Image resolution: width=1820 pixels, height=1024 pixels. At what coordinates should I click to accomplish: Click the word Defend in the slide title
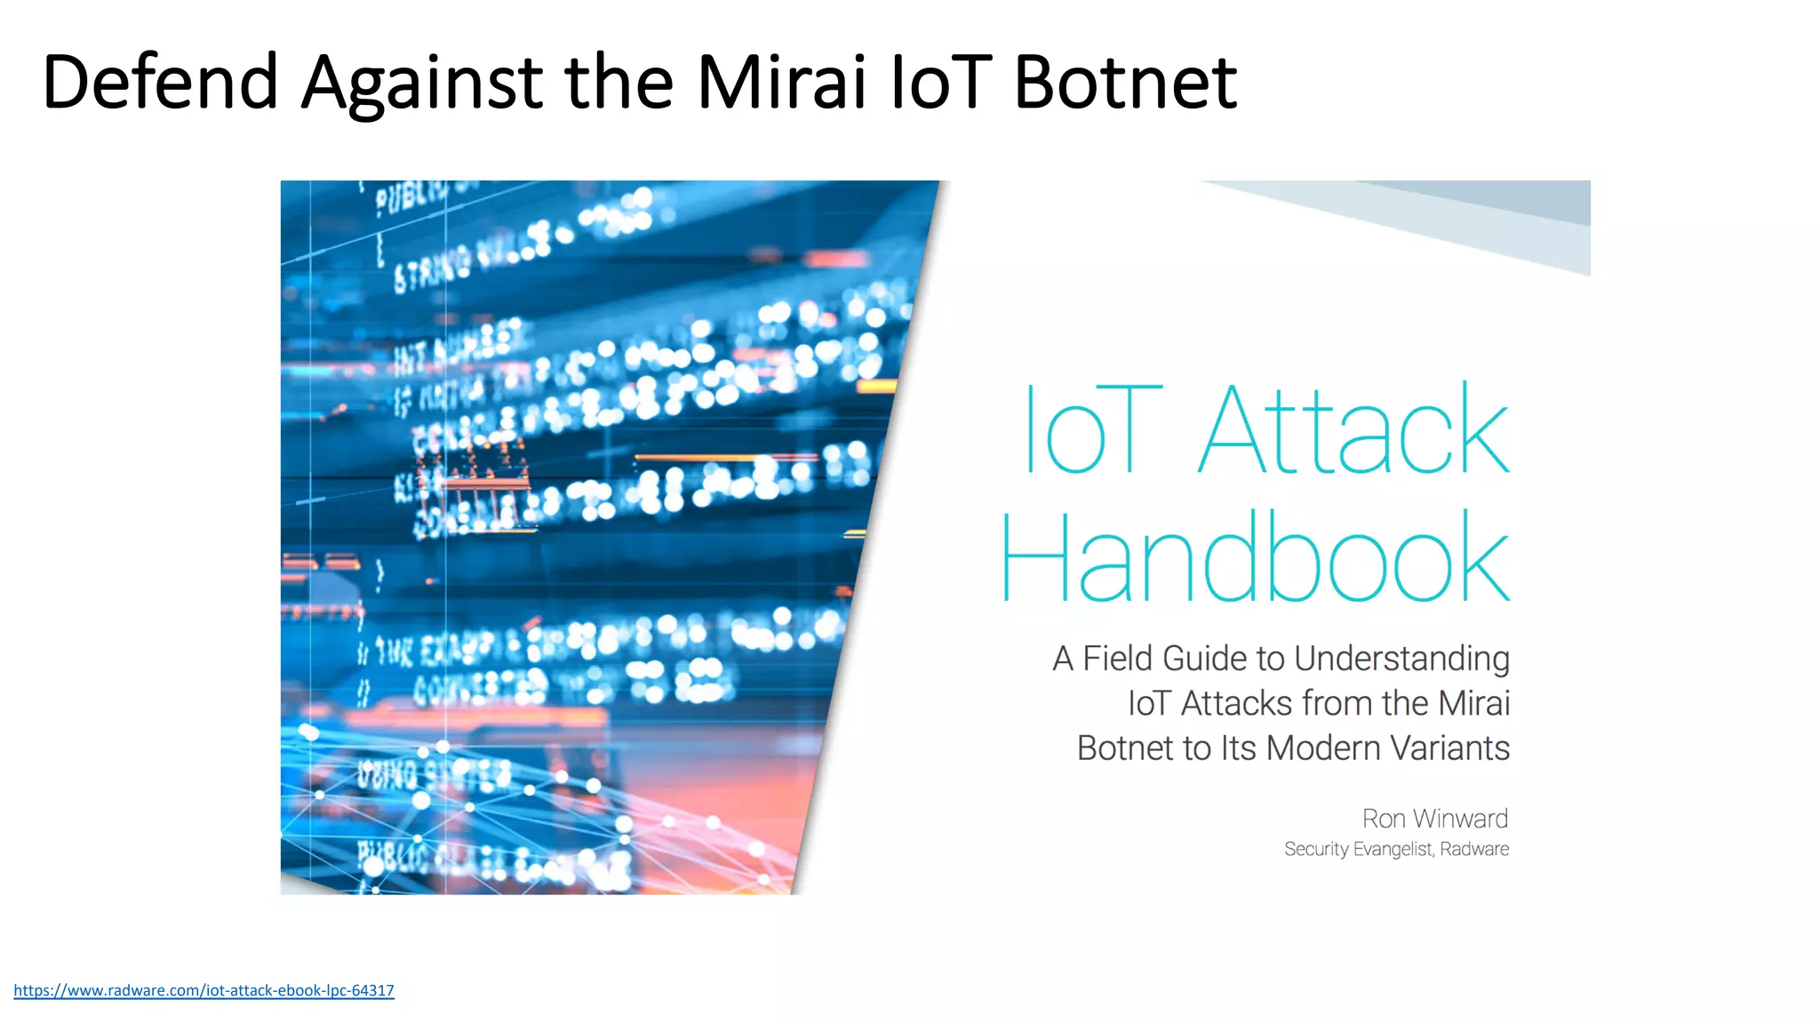coord(160,82)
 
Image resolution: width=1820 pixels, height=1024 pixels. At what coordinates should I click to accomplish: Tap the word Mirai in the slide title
coord(780,82)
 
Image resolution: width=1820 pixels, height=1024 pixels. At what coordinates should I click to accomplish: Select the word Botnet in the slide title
coord(1124,82)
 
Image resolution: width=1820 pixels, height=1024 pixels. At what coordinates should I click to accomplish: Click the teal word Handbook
coord(1255,557)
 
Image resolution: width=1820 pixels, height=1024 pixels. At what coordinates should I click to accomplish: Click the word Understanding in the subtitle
coord(1401,659)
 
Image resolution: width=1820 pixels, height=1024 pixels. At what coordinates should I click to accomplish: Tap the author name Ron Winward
coord(1434,819)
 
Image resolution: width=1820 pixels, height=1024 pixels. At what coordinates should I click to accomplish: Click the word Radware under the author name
coord(1474,850)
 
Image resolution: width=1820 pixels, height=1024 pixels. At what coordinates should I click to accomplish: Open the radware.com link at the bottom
coord(204,990)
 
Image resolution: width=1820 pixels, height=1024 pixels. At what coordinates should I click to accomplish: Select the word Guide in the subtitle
coord(1204,659)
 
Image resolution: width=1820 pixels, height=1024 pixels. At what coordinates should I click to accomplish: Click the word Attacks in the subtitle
coord(1236,704)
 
